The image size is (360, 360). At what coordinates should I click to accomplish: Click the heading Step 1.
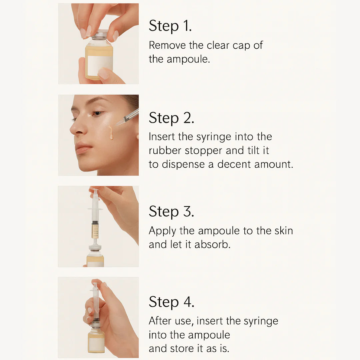point(170,26)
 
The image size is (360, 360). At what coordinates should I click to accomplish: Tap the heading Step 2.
point(171,118)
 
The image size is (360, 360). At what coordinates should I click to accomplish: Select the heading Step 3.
point(171,211)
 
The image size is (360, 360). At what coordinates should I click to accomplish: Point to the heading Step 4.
point(171,302)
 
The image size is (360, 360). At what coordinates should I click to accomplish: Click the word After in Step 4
point(160,321)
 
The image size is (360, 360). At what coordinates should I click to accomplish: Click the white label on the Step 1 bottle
point(100,65)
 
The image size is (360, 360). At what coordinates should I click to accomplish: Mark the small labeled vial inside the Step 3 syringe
point(95,230)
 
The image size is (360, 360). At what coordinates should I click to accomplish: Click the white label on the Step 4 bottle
point(96,344)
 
